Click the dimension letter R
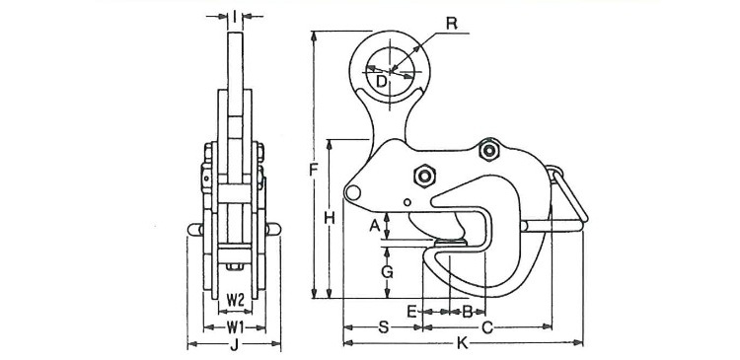452,24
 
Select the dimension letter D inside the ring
382,82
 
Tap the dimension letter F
315,169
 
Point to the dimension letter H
330,218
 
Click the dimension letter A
374,226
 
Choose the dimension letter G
387,272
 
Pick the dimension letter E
412,312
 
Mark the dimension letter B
468,312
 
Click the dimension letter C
487,327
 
